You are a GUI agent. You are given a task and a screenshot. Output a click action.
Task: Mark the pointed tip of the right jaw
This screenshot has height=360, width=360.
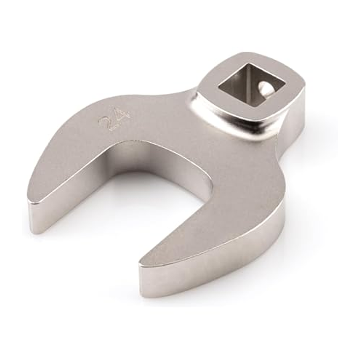click(x=142, y=264)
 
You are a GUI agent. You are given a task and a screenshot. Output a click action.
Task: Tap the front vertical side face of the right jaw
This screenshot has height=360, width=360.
click(x=208, y=264)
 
